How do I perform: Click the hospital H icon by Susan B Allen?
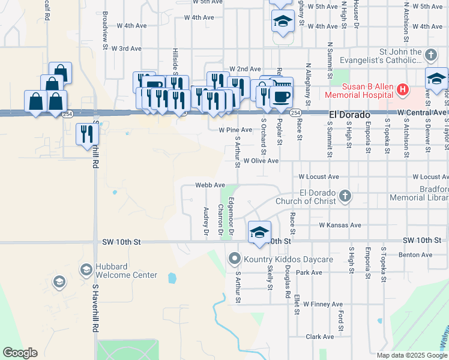[x=402, y=91]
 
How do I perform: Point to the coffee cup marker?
[x=281, y=95]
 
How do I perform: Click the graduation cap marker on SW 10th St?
[x=259, y=232]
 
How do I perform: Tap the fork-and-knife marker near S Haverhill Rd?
[x=87, y=133]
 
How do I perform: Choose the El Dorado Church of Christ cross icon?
[x=345, y=196]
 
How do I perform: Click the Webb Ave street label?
[x=210, y=185]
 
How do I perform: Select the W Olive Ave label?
[x=261, y=161]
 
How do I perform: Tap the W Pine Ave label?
[x=235, y=130]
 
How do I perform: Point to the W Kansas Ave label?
[x=340, y=225]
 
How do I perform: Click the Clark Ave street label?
[x=319, y=337]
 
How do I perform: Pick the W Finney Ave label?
[x=323, y=304]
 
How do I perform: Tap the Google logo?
[x=20, y=353]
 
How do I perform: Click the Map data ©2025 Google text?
[x=411, y=355]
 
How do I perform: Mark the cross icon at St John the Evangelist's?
[x=430, y=56]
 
